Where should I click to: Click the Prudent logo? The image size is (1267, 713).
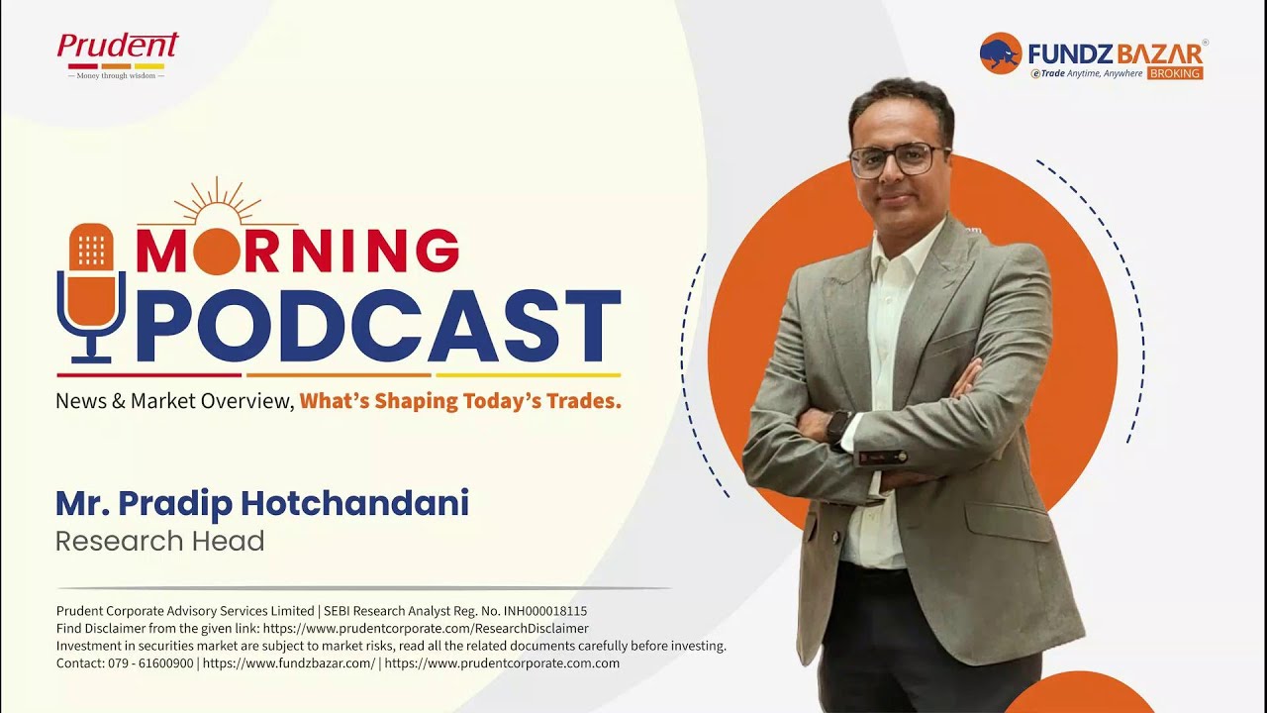pos(117,55)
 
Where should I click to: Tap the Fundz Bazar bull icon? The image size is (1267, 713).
pos(1000,52)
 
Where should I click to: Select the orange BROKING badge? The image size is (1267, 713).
pos(1175,73)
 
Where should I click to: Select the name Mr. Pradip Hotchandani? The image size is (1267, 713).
pos(261,504)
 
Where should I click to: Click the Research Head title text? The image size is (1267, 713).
pos(159,542)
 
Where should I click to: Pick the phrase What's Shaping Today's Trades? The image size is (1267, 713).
pos(460,401)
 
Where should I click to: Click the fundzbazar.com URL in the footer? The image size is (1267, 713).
pos(288,663)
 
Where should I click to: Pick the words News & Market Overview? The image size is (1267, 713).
pos(173,401)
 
